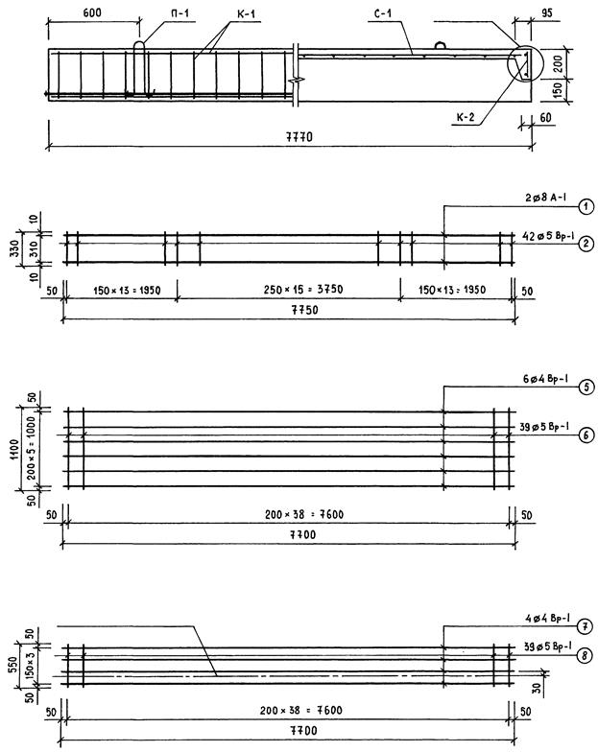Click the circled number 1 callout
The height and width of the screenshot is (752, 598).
586,207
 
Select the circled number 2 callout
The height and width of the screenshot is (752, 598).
586,244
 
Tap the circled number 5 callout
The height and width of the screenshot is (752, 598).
586,387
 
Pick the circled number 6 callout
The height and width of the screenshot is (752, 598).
586,435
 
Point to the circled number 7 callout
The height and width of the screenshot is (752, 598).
584,626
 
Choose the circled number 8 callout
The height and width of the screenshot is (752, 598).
584,656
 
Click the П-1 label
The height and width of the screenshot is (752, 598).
179,13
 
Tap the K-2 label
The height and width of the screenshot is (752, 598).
465,117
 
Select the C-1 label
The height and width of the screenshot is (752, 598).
382,13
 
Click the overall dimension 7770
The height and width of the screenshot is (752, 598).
299,138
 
